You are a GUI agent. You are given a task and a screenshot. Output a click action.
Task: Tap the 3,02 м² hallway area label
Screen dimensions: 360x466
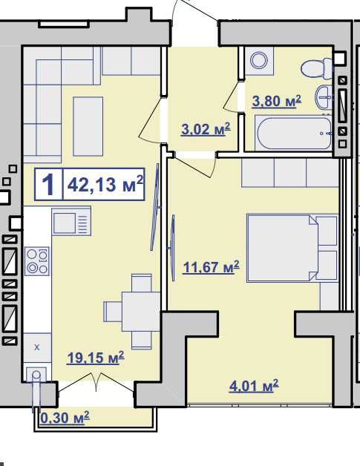pos(206,129)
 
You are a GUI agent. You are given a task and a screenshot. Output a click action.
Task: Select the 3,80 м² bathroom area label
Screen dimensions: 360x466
pos(276,101)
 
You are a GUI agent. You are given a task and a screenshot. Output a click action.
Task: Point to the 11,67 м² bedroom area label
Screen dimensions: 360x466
pos(211,267)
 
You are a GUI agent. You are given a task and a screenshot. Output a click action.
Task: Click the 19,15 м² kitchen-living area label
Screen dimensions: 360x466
pos(96,358)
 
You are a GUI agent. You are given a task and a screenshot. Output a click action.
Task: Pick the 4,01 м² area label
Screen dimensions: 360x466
pos(254,386)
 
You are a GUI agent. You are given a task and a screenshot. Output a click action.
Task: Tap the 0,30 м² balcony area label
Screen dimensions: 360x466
pos(65,418)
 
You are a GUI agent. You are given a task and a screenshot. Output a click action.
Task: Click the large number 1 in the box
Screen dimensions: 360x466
pos(48,185)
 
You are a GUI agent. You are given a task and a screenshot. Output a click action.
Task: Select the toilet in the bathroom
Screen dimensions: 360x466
pos(316,69)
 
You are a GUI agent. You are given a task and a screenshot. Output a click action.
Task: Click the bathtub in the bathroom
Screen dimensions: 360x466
pos(292,134)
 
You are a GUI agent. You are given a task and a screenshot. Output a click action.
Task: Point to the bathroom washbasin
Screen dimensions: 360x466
pos(324,97)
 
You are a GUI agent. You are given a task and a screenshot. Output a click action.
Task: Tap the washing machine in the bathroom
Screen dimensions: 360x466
pos(259,61)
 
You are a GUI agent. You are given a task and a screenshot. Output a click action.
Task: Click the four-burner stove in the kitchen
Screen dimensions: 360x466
pos(37,261)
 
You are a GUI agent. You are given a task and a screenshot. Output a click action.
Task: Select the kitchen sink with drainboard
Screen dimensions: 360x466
pos(71,222)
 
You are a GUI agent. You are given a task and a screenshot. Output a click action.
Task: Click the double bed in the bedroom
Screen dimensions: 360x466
pos(292,248)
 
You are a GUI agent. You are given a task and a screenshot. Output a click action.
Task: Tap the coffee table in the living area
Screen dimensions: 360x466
pos(88,126)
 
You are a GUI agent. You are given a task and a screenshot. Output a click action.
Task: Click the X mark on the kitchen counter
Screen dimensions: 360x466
pos(37,347)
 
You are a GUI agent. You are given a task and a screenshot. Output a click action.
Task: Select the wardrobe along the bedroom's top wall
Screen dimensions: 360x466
pos(289,173)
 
